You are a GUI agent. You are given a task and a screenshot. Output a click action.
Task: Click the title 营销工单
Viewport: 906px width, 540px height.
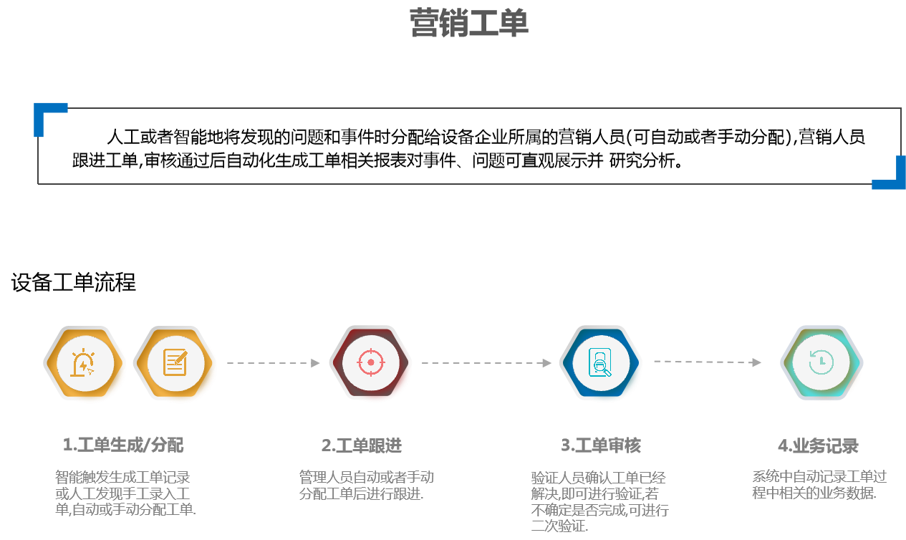[469, 24]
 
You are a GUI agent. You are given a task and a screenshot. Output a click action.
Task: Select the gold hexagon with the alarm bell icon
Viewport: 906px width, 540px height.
[85, 363]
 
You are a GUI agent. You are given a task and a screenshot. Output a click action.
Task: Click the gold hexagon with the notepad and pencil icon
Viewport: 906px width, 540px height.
[175, 363]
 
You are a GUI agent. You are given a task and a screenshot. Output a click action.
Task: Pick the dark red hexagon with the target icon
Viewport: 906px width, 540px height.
[370, 362]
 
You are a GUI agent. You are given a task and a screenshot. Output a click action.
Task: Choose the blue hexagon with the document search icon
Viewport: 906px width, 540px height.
[600, 362]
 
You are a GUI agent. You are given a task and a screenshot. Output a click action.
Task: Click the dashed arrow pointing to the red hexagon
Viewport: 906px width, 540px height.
[273, 363]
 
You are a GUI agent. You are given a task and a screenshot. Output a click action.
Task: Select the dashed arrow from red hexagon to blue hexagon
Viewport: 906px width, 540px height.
[486, 363]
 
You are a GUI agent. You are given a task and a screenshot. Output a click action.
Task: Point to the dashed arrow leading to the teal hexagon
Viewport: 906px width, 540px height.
[707, 362]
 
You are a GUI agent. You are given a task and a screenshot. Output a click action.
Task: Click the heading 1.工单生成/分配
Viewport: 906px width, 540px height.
[123, 445]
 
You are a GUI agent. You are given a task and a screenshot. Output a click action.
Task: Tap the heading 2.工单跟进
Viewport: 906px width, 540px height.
[362, 445]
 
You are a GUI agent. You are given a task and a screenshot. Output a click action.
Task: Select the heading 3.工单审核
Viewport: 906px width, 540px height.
[601, 445]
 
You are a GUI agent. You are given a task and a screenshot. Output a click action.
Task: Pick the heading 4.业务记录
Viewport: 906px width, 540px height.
[818, 445]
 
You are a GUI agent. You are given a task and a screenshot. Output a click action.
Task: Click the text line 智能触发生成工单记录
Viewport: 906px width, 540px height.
[122, 478]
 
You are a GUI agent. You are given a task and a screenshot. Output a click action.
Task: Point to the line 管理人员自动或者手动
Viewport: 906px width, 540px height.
[366, 478]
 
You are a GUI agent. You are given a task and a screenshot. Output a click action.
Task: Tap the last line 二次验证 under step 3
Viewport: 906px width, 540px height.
[559, 527]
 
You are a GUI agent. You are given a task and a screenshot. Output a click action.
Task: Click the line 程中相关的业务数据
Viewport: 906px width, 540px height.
[814, 493]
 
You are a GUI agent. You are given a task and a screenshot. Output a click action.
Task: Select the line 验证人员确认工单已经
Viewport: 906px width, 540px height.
[599, 478]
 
